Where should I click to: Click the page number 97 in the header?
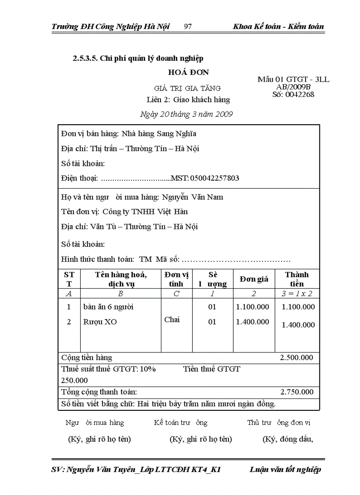[187, 26]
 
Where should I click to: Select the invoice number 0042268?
[300, 94]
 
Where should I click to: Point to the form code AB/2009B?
[293, 87]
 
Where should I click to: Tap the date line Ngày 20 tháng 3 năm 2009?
[186, 114]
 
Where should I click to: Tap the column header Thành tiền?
[297, 279]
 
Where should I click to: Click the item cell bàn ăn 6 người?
[109, 307]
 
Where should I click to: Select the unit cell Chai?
[172, 320]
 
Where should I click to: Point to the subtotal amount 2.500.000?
[297, 357]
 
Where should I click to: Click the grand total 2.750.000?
[297, 392]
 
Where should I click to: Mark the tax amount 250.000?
[74, 380]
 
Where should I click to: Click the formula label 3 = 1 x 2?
[297, 294]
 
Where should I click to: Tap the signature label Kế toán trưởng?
[180, 423]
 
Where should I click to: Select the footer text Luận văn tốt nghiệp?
[285, 469]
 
